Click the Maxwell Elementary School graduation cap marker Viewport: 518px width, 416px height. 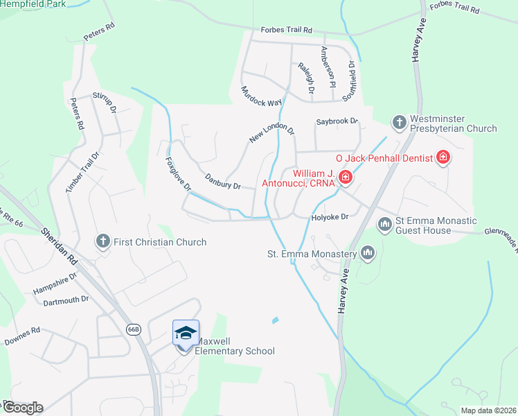[x=185, y=333]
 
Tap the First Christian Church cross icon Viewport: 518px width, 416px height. [x=102, y=241]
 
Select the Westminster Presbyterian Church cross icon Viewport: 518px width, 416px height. [x=399, y=123]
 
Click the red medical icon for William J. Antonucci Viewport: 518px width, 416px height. [x=345, y=178]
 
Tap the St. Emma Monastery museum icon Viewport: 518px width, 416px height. [x=367, y=254]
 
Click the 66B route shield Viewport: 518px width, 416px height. [x=134, y=329]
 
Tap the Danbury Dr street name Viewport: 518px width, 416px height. [x=222, y=182]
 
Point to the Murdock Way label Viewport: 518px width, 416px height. [x=261, y=96]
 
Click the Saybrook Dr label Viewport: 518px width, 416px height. [x=337, y=121]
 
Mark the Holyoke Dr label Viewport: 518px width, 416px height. [x=328, y=216]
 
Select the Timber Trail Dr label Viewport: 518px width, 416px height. [x=82, y=172]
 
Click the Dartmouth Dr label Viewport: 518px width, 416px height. [x=66, y=300]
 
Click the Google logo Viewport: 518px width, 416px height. [x=22, y=408]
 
